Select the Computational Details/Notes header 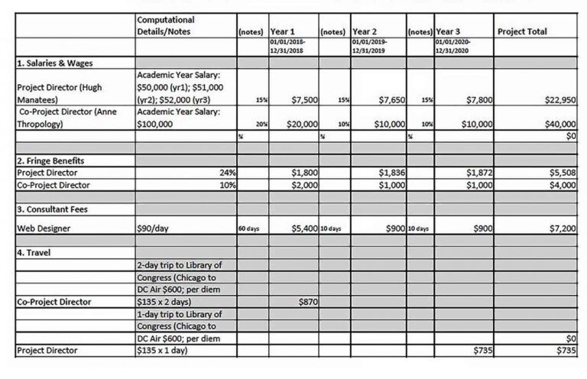[165, 25]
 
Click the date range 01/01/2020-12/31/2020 [454, 46]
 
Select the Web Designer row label [45, 228]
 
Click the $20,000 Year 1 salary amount [302, 124]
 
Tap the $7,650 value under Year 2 [391, 99]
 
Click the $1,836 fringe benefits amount [391, 173]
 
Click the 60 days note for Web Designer [250, 228]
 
